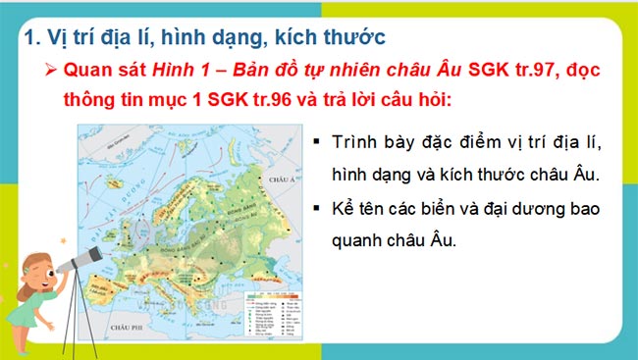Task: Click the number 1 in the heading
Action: (x=28, y=37)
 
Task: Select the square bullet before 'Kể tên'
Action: (x=315, y=209)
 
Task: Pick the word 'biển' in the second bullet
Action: (x=470, y=209)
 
